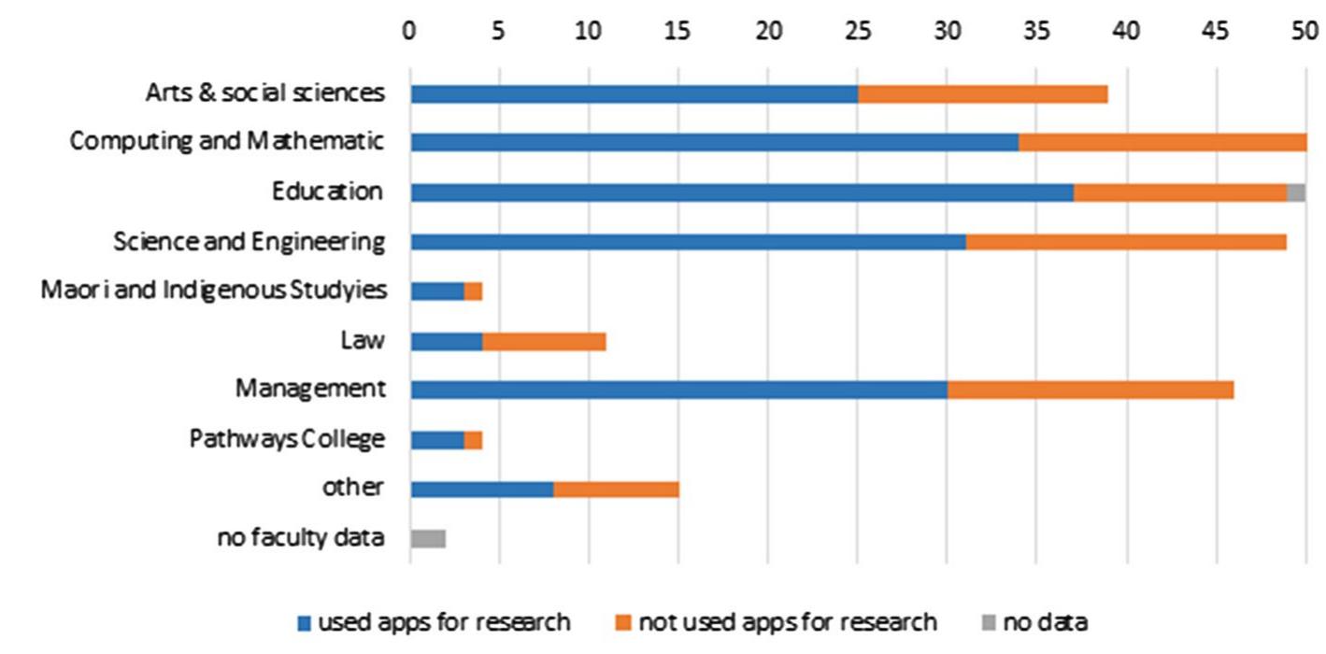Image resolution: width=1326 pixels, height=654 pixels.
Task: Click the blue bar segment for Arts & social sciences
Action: click(x=634, y=93)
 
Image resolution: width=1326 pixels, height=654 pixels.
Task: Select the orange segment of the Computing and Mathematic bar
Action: click(x=1162, y=142)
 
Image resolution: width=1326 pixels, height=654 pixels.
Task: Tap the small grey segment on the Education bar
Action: click(x=1295, y=192)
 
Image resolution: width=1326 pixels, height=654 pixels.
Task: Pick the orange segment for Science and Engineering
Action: click(x=1125, y=241)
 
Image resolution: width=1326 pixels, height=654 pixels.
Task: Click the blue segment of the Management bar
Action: click(x=678, y=390)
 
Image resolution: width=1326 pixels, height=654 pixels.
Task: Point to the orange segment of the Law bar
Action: click(x=544, y=340)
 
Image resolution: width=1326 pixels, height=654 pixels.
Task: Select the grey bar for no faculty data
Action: click(x=428, y=538)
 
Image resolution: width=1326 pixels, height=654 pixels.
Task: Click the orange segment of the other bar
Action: click(x=616, y=489)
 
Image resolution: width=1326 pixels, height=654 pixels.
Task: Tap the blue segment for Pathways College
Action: click(x=437, y=439)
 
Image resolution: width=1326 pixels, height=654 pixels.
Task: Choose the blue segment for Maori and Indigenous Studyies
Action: click(x=437, y=291)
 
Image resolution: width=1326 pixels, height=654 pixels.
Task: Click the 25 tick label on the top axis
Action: click(x=857, y=30)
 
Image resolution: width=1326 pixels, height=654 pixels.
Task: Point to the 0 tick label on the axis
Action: click(x=409, y=30)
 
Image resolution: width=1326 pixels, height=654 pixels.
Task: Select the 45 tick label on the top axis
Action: click(x=1216, y=30)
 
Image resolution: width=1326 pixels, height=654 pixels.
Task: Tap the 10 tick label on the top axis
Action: click(x=588, y=30)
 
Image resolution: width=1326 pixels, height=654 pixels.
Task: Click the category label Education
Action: click(x=327, y=192)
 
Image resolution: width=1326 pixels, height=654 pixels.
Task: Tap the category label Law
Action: click(x=362, y=340)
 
